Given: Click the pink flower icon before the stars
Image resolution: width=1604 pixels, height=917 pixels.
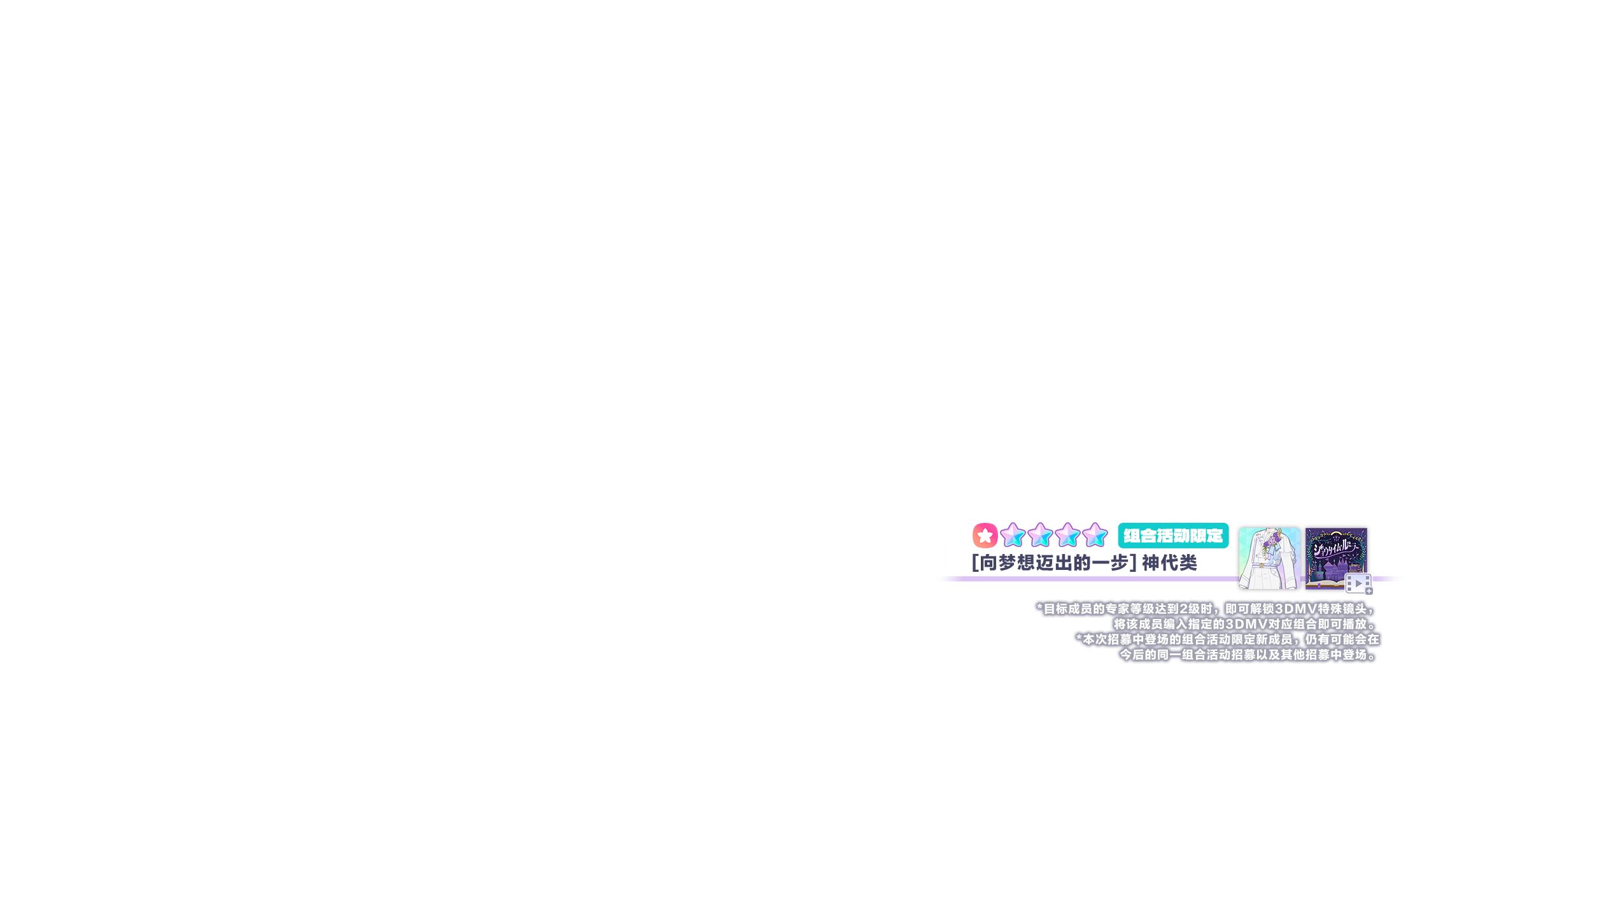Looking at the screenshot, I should [985, 536].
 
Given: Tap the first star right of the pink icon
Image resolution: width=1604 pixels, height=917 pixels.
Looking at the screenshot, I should [1012, 536].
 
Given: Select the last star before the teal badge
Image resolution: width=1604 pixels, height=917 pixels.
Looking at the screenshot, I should [1095, 536].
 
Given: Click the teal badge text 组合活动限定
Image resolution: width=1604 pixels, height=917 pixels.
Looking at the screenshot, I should [1173, 536].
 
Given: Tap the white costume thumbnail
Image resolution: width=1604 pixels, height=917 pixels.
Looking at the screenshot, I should [1269, 558].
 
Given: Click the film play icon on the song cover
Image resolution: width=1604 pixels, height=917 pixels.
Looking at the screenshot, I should [1358, 583].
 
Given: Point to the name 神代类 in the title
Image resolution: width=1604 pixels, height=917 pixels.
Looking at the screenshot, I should [1169, 563].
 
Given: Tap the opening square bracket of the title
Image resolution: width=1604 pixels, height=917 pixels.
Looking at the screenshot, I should [974, 563].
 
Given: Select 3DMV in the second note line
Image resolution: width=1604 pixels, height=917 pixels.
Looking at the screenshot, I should [1246, 624].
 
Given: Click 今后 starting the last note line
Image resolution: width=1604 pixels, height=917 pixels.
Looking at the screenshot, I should [1132, 655].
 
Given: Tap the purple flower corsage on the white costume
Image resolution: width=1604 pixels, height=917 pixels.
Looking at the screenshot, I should [1270, 543].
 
